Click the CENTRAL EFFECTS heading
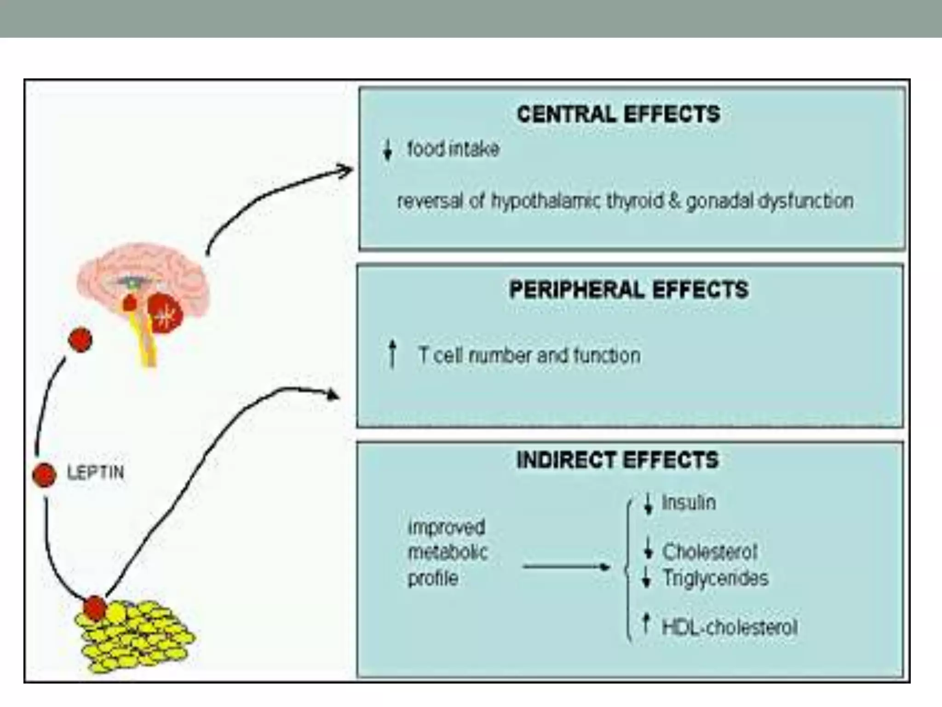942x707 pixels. (x=618, y=114)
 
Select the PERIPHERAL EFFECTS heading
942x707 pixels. (x=628, y=290)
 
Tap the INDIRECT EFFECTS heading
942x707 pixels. (x=617, y=460)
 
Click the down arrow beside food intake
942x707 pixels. (x=387, y=150)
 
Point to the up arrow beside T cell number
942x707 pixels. (x=392, y=354)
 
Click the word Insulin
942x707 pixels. (x=689, y=503)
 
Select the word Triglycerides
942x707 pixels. (x=715, y=578)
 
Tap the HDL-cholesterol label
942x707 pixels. (x=729, y=627)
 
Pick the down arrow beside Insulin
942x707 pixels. (x=648, y=503)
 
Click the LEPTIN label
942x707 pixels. (x=96, y=473)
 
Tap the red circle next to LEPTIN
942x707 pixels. (x=45, y=475)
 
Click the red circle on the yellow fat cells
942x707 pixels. (x=95, y=608)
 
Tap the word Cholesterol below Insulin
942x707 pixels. (x=709, y=551)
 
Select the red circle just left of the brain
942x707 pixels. (x=80, y=340)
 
